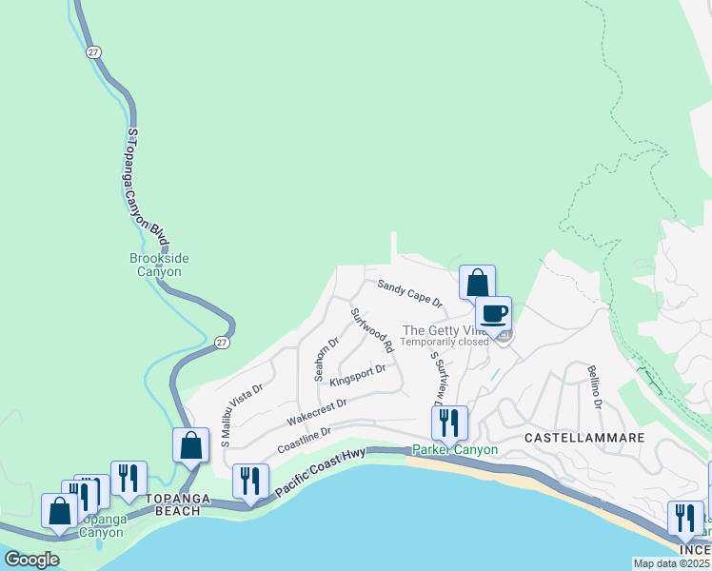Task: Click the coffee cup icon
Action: click(493, 313)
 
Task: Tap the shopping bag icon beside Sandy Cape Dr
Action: click(477, 282)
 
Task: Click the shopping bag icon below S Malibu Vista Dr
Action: click(190, 444)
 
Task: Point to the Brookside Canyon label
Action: click(155, 265)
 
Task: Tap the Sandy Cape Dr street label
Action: click(410, 293)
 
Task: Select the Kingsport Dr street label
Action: click(358, 376)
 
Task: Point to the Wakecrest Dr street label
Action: click(317, 410)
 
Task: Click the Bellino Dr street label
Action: click(595, 387)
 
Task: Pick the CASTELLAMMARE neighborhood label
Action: click(584, 438)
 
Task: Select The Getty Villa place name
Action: click(445, 329)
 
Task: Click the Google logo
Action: click(32, 560)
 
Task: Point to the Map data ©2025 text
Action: click(670, 563)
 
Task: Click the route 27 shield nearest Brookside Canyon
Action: click(221, 343)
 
